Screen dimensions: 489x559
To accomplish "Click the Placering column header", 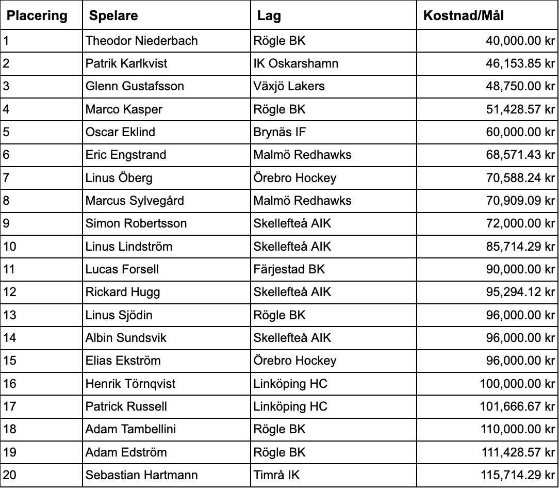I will pos(37,16).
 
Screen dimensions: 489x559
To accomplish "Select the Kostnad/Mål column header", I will pos(463,16).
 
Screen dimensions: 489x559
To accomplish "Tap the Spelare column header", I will pos(113,16).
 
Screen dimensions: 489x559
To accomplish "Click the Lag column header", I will pos(269,16).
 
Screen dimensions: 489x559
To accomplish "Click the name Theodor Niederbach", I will pos(142,41).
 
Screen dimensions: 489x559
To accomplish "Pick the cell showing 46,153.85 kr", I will pos(520,63).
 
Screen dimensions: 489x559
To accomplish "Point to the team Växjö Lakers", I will pos(289,86).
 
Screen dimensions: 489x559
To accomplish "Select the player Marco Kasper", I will pos(124,109).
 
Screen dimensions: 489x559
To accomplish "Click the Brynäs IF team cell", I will pos(279,132).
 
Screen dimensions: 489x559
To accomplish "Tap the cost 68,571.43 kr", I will pos(520,155).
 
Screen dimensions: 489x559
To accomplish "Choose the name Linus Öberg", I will pos(119,178).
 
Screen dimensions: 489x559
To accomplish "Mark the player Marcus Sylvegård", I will pos(135,201).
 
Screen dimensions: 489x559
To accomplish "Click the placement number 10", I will pos(10,247).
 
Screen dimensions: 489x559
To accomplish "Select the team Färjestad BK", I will pos(289,269).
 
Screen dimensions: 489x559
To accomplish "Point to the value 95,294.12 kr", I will pos(520,292).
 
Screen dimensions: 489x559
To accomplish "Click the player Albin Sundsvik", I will pos(126,338).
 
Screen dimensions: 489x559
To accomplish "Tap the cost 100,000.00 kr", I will pos(517,384).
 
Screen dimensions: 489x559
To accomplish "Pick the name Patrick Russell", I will pos(126,406).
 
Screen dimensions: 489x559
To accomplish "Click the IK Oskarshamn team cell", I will pos(296,63).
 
